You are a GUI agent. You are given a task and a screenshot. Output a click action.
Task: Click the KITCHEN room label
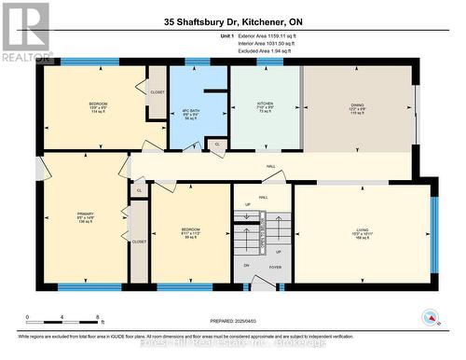coord(264,104)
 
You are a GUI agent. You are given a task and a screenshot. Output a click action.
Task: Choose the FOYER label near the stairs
coord(276,266)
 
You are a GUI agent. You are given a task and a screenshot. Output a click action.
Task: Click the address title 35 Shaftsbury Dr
coord(233,21)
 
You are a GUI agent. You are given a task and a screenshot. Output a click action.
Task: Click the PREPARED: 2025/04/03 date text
coord(232,320)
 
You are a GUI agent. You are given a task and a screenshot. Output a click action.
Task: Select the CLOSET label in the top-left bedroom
coord(157,90)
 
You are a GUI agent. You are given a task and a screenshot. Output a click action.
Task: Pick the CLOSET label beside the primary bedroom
coord(139,241)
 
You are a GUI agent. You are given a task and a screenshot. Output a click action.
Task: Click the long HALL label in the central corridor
coord(270,167)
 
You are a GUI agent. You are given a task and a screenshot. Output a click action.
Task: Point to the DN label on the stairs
coord(247,266)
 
